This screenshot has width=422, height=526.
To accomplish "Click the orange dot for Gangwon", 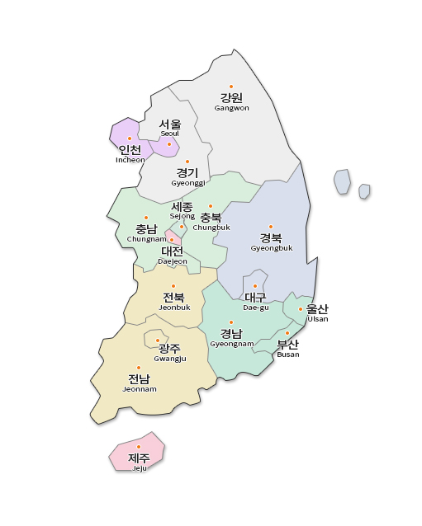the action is click(x=231, y=87).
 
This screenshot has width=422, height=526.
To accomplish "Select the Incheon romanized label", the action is click(x=130, y=160).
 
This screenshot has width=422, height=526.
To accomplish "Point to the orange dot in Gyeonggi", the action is click(x=187, y=162).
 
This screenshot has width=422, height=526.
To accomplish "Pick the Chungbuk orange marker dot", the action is click(x=211, y=206).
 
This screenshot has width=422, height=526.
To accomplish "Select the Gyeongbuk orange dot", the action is click(x=271, y=226).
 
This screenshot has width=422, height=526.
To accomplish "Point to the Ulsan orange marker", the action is click(x=301, y=309).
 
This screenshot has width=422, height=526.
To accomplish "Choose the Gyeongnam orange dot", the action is click(x=231, y=322).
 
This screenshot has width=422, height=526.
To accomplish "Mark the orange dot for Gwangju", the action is click(x=158, y=340).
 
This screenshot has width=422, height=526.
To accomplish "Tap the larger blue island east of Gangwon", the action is click(x=342, y=181).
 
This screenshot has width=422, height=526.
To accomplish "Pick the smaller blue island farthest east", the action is click(x=364, y=191).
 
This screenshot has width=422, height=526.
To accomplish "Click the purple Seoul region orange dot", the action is click(x=169, y=144).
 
